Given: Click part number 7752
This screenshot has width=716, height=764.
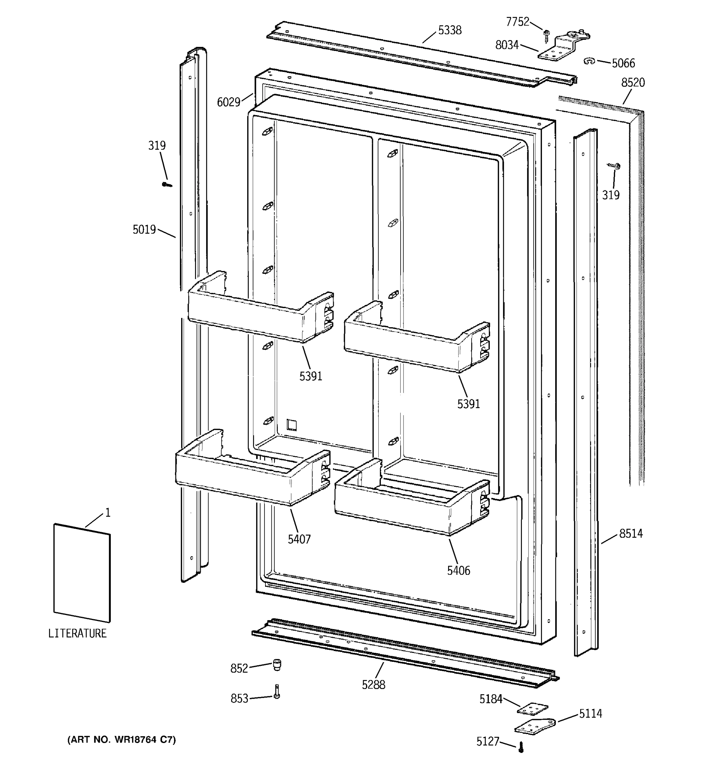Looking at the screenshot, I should click(x=517, y=22).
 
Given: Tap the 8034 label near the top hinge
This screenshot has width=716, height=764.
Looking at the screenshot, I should click(x=507, y=45).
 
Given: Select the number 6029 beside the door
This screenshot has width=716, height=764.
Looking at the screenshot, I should click(x=228, y=102).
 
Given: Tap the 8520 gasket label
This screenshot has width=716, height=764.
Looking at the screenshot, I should click(x=633, y=83).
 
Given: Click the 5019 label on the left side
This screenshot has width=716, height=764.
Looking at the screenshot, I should click(x=144, y=230).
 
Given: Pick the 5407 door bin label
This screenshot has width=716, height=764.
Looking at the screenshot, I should click(x=299, y=540).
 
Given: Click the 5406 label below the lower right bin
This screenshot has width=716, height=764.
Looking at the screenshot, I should click(x=458, y=571).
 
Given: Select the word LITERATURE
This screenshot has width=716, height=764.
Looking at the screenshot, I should click(x=77, y=633).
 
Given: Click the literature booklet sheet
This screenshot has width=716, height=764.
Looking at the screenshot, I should click(x=82, y=573).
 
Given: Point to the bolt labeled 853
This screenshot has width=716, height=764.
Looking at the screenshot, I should click(x=277, y=691).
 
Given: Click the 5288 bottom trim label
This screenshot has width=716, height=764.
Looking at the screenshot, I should click(x=373, y=685).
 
